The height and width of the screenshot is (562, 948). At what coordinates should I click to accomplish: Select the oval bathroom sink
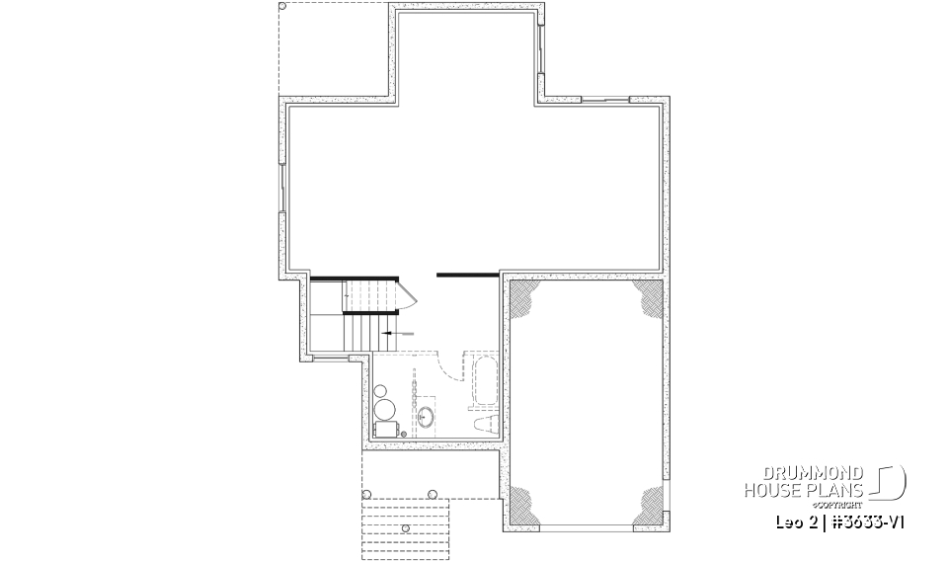tap(427, 417)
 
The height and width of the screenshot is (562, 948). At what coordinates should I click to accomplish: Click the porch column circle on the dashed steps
tap(406, 528)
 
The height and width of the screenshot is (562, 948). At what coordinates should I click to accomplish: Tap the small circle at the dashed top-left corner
tap(284, 10)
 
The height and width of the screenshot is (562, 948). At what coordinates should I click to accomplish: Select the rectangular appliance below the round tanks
tap(385, 430)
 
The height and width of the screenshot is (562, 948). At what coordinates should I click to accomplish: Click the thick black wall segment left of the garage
tap(466, 274)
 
